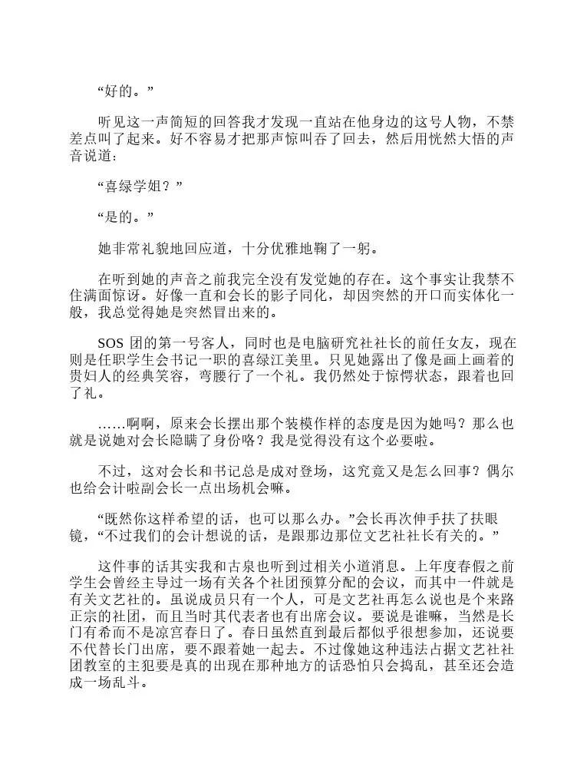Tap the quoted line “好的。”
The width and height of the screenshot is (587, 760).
(126, 92)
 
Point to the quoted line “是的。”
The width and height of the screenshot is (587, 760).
(126, 217)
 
